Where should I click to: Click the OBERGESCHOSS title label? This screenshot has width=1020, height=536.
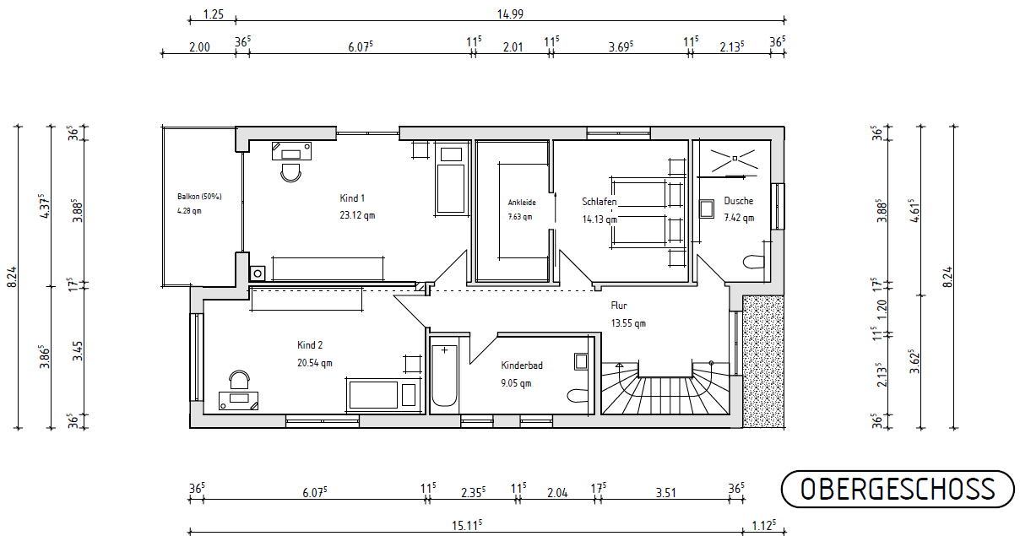(897, 489)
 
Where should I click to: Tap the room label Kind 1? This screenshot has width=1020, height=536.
(352, 198)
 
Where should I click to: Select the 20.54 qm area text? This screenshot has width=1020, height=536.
(314, 363)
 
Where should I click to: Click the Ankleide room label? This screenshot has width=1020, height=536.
(522, 203)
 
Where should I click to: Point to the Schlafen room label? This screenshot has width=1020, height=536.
(599, 203)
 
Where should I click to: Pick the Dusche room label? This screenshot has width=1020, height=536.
(738, 201)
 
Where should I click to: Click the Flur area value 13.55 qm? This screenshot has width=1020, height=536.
(628, 323)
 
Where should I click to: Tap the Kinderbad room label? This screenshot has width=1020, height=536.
(522, 365)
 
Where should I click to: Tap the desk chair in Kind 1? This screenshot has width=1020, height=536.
(291, 171)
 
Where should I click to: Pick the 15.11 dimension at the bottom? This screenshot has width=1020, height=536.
(467, 524)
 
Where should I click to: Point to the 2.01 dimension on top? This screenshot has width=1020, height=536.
(513, 47)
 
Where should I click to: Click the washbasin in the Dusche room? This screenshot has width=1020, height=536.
(708, 208)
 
